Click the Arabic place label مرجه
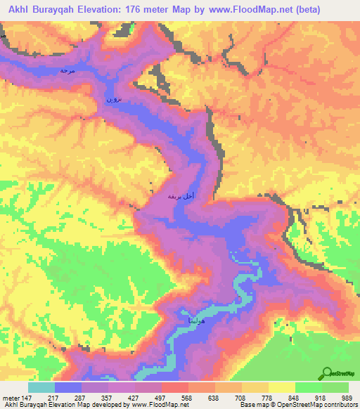67,71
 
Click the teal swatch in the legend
41,387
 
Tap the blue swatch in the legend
68,387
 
